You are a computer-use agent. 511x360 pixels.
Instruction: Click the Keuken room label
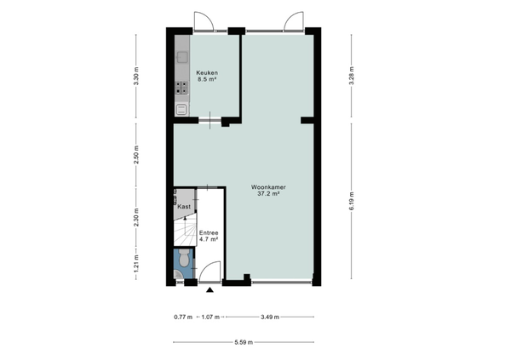tap(207, 72)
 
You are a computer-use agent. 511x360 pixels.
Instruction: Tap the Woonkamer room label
tap(268, 187)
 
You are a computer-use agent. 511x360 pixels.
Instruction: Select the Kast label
tap(184, 207)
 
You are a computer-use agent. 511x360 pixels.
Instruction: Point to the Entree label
tap(209, 233)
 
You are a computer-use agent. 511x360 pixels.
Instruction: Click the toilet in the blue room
tap(184, 257)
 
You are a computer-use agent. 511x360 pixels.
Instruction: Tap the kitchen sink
tap(182, 57)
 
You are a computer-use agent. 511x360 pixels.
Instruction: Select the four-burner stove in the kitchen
tap(182, 88)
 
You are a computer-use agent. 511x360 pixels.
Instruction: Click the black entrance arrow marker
tap(210, 289)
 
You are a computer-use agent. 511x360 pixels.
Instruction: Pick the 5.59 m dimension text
tap(244, 342)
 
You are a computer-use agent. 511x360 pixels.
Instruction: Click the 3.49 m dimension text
tap(270, 317)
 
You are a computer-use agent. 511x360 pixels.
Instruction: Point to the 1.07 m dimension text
tap(210, 317)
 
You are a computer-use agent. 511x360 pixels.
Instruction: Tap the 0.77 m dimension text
tap(183, 317)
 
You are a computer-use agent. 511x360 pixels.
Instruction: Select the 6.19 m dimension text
tap(351, 201)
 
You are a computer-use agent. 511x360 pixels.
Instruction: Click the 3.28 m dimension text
tap(351, 76)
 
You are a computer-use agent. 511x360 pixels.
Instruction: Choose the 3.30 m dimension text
tap(136, 76)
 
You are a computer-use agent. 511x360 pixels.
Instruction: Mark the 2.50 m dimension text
tap(136, 154)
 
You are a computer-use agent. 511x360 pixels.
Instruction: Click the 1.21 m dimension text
tap(136, 263)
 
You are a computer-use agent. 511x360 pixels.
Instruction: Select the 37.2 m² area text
tap(268, 193)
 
